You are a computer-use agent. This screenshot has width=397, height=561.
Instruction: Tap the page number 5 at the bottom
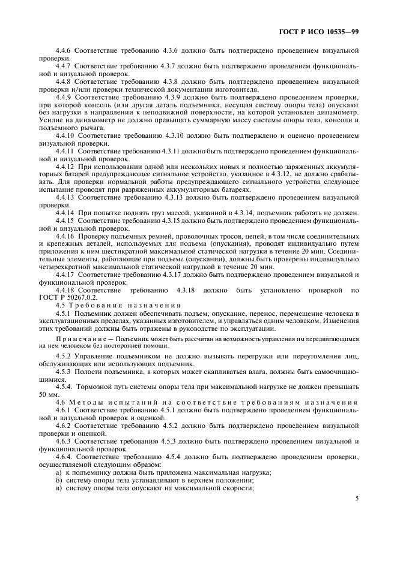coord(357,498)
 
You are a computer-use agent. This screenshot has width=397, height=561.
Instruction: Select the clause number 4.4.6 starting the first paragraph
coord(64,51)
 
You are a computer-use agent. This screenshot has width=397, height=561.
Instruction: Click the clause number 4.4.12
coord(65,167)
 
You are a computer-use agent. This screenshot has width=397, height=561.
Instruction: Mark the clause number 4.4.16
coord(65,237)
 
